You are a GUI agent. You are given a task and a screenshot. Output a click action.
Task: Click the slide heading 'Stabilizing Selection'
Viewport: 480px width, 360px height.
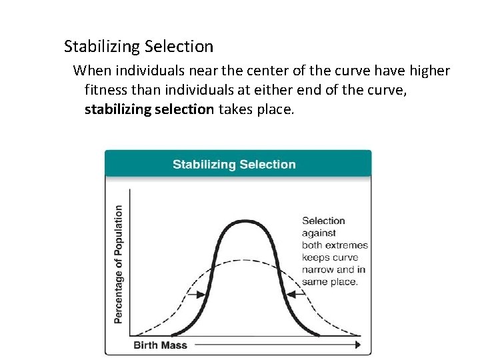pos(139,47)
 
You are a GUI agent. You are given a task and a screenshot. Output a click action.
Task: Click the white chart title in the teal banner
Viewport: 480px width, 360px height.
pos(234,164)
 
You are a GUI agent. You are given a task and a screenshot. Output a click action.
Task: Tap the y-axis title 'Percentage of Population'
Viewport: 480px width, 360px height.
pos(119,264)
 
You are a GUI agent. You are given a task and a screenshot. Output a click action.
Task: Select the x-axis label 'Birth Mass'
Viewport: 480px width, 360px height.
pos(160,345)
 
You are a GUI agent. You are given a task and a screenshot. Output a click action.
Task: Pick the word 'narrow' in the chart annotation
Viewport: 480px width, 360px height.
pos(318,269)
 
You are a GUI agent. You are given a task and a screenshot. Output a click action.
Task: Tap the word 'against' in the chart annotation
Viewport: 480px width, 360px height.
pos(319,233)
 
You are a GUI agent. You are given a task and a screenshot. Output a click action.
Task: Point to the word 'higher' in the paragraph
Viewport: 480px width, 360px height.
pos(428,70)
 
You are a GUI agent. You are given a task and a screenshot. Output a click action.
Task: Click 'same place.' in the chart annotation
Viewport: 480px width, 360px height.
pos(330,281)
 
